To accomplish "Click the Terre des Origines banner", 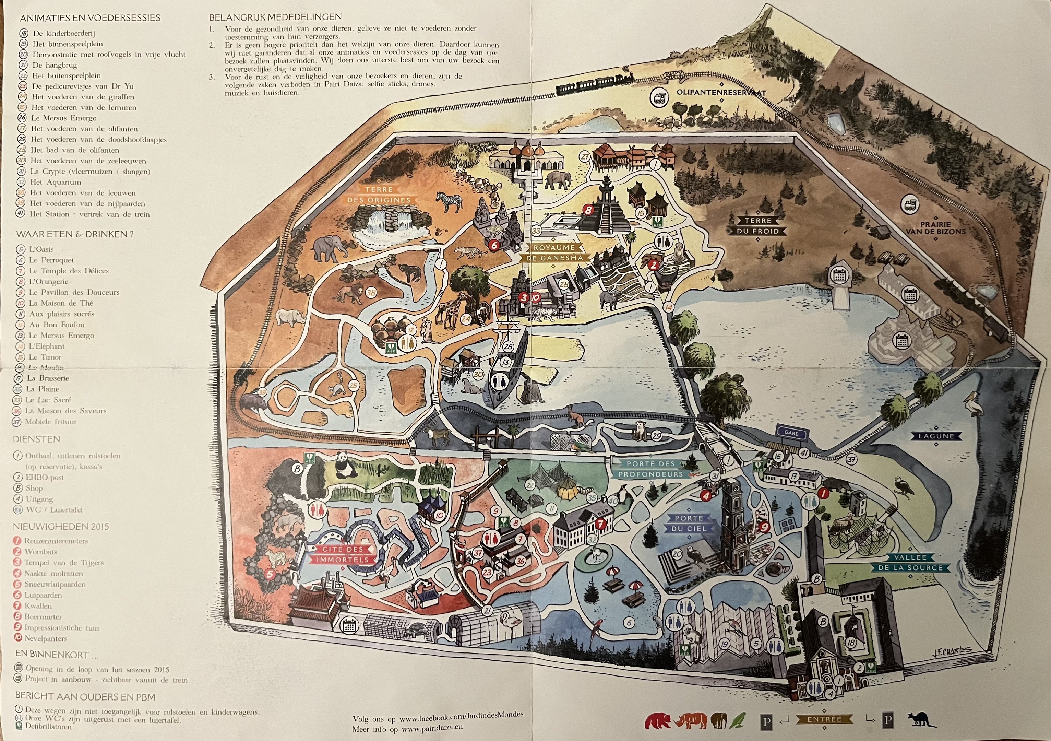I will tap(379, 195).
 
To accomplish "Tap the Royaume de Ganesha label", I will tap(553, 253).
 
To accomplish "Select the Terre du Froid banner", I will tap(758, 226).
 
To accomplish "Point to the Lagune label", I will tap(936, 436).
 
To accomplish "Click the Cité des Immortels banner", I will tap(343, 554).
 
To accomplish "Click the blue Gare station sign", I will tap(791, 432).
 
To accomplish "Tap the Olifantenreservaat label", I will tap(721, 92).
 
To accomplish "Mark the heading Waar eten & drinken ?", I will tap(75, 234).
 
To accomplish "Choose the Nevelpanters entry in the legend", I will tap(45, 638).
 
